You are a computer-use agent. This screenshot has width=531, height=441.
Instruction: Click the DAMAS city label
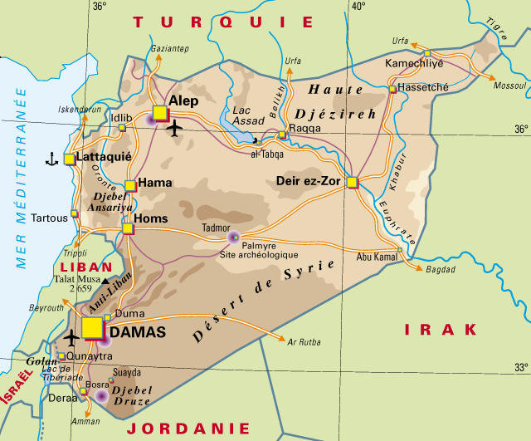pos(138,332)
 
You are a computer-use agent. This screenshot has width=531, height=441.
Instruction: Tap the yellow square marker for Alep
pos(160,113)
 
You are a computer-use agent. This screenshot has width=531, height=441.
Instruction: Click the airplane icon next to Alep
pos(174,129)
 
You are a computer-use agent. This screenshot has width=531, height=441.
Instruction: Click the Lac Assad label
pos(249,115)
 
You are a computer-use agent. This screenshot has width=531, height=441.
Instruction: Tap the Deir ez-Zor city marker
pos(352,182)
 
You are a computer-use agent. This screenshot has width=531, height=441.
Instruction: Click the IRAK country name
pos(441,330)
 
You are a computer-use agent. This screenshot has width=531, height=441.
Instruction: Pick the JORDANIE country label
pos(188,429)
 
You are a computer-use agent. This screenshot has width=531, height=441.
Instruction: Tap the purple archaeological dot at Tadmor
pos(234,238)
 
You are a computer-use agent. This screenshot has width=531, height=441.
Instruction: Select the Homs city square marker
pos(128,227)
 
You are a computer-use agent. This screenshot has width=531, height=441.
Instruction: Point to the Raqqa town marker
pos(282,135)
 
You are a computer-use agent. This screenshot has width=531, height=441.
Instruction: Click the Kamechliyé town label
pos(416,63)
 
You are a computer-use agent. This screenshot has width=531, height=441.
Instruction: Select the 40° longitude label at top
pos(358,7)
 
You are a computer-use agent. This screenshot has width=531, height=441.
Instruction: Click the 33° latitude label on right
pos(520,366)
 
